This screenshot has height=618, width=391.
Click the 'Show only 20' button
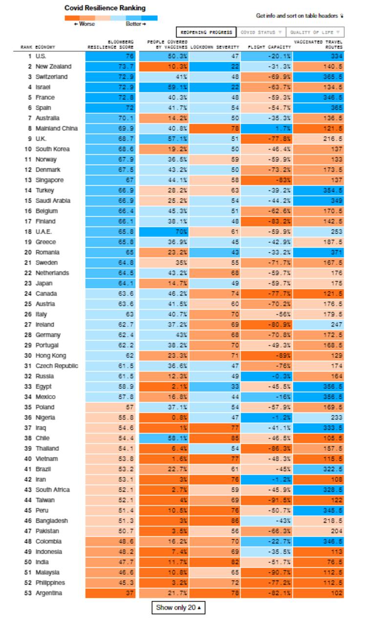(x=178, y=608)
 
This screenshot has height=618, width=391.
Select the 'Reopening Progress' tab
(x=206, y=32)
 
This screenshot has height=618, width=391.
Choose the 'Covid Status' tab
(x=261, y=32)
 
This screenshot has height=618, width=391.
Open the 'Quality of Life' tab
(x=315, y=32)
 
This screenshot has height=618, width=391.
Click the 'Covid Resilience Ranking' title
(x=105, y=8)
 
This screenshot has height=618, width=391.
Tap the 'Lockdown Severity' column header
(x=215, y=47)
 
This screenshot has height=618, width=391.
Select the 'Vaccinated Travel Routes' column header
(x=318, y=44)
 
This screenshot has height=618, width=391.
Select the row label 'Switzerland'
(x=51, y=77)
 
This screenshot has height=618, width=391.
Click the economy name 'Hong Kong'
(x=50, y=355)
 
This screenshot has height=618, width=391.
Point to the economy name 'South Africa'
(x=52, y=489)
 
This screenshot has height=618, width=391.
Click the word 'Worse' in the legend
(x=87, y=24)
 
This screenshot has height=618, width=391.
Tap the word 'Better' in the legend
(x=133, y=24)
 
